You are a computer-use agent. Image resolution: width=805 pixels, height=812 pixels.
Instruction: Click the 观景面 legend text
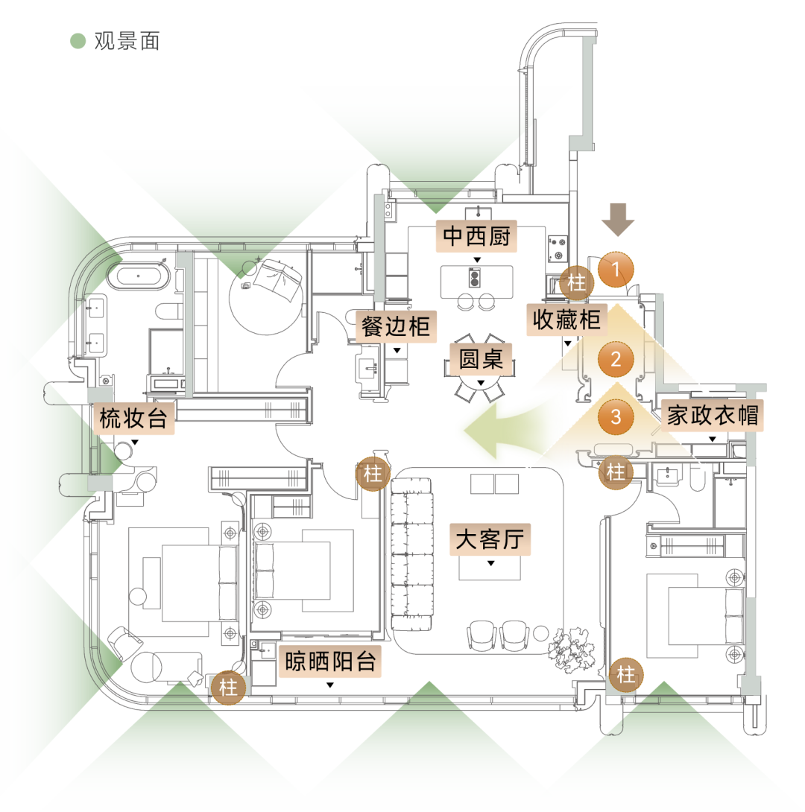click(x=127, y=41)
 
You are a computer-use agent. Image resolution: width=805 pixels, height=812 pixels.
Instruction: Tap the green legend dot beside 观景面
click(x=78, y=41)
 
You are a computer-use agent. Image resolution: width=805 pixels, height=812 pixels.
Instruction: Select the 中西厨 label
click(x=476, y=236)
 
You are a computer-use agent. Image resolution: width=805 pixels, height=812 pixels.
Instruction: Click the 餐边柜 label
click(x=396, y=326)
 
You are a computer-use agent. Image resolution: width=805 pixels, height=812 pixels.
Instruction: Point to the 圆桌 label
click(x=481, y=358)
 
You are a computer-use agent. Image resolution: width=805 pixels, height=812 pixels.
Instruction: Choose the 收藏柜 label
click(x=566, y=320)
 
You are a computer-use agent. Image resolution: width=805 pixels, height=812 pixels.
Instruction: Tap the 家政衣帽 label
click(x=713, y=415)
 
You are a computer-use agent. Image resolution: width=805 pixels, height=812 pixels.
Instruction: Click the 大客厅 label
click(x=490, y=539)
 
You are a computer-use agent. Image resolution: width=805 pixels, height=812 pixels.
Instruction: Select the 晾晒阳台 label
click(x=330, y=662)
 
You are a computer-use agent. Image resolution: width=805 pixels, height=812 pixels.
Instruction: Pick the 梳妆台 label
click(x=133, y=418)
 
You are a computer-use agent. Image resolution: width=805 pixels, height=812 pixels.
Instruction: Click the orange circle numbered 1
click(x=616, y=269)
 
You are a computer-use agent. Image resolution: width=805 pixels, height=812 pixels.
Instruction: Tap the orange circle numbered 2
click(x=616, y=359)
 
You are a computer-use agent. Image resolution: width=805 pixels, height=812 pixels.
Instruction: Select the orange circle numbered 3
click(x=616, y=416)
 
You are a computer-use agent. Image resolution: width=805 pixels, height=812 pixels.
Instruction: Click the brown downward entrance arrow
click(x=618, y=220)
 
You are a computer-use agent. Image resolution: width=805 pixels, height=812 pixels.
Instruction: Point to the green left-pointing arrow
click(x=505, y=431)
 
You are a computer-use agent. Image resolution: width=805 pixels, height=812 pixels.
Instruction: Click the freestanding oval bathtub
click(x=139, y=276)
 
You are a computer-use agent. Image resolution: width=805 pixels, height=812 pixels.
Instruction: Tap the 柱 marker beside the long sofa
click(x=373, y=473)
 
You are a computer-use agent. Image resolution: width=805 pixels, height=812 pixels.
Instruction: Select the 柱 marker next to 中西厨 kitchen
click(x=577, y=283)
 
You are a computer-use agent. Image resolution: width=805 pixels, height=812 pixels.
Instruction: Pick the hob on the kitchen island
click(x=474, y=278)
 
